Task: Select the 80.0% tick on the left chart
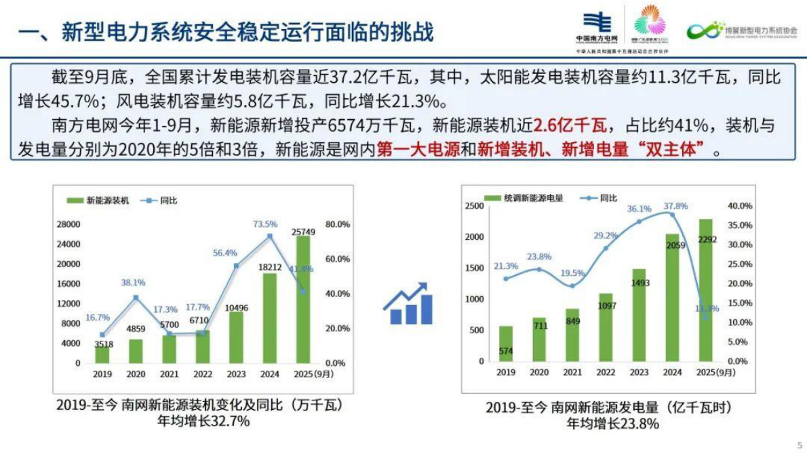click(x=338, y=224)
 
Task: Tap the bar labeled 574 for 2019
click(x=506, y=344)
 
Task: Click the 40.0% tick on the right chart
click(x=739, y=206)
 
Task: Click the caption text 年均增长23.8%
click(x=612, y=424)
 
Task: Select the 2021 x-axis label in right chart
click(x=572, y=372)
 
